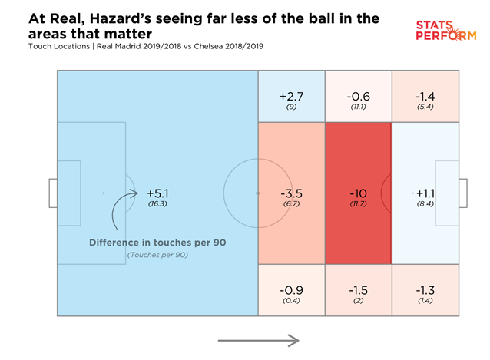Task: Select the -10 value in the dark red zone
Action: pos(358,193)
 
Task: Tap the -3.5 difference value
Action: pos(291,193)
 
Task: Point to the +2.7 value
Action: pos(291,96)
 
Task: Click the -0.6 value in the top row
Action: pos(358,96)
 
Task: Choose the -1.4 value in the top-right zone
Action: pos(425,96)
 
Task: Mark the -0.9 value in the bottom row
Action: pos(291,291)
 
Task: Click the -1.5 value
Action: pos(358,291)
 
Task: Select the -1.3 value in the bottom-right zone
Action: pos(425,291)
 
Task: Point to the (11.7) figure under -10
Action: pos(358,205)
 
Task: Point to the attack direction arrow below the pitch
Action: pos(257,339)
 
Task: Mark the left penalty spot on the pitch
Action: pos(103,193)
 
